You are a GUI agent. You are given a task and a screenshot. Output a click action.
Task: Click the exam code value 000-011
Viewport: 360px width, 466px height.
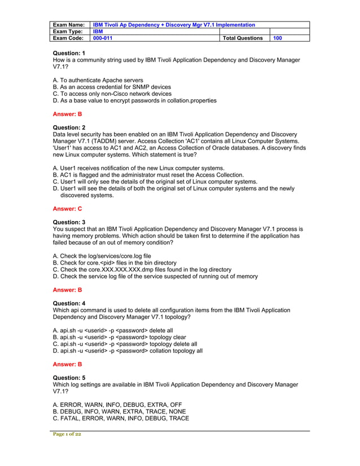pyautogui.click(x=103, y=38)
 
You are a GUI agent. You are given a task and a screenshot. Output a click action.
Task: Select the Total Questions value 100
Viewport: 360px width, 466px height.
pyautogui.click(x=278, y=38)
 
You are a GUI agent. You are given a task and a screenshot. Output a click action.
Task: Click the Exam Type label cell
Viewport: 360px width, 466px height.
pyautogui.click(x=68, y=32)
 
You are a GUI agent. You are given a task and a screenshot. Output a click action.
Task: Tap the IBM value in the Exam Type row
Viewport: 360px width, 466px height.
pyautogui.click(x=98, y=32)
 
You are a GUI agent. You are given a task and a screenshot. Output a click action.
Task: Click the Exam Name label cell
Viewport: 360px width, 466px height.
pyautogui.click(x=68, y=25)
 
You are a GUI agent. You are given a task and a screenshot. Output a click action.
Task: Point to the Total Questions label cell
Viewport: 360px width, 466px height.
pyautogui.click(x=243, y=38)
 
